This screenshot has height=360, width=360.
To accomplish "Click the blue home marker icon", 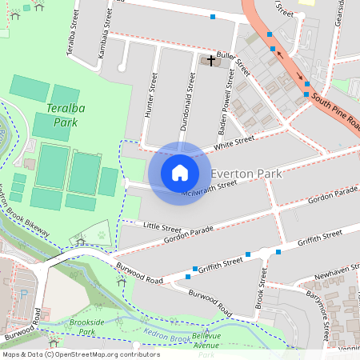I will (x=180, y=173).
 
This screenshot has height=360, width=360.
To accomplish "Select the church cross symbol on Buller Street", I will (x=212, y=61).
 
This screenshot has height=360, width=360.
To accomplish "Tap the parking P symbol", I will (x=23, y=294).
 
